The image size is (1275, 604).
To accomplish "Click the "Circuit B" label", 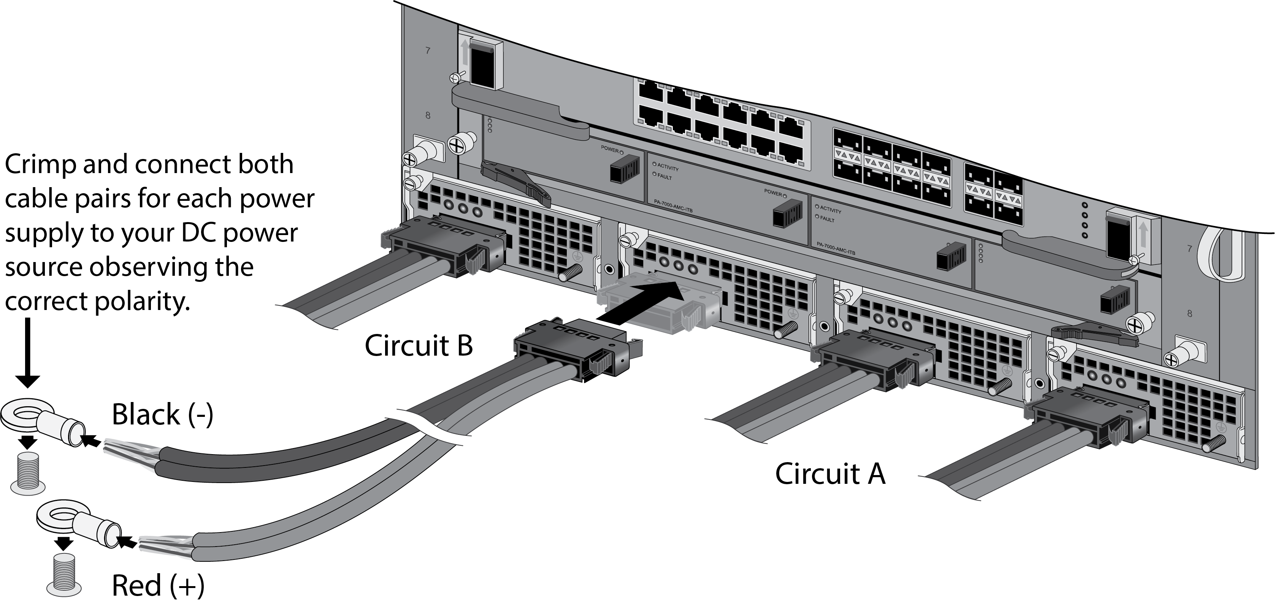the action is click(x=419, y=346).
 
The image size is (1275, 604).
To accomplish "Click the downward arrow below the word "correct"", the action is click(x=28, y=353).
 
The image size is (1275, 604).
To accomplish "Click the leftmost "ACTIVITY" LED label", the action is click(x=668, y=167).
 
